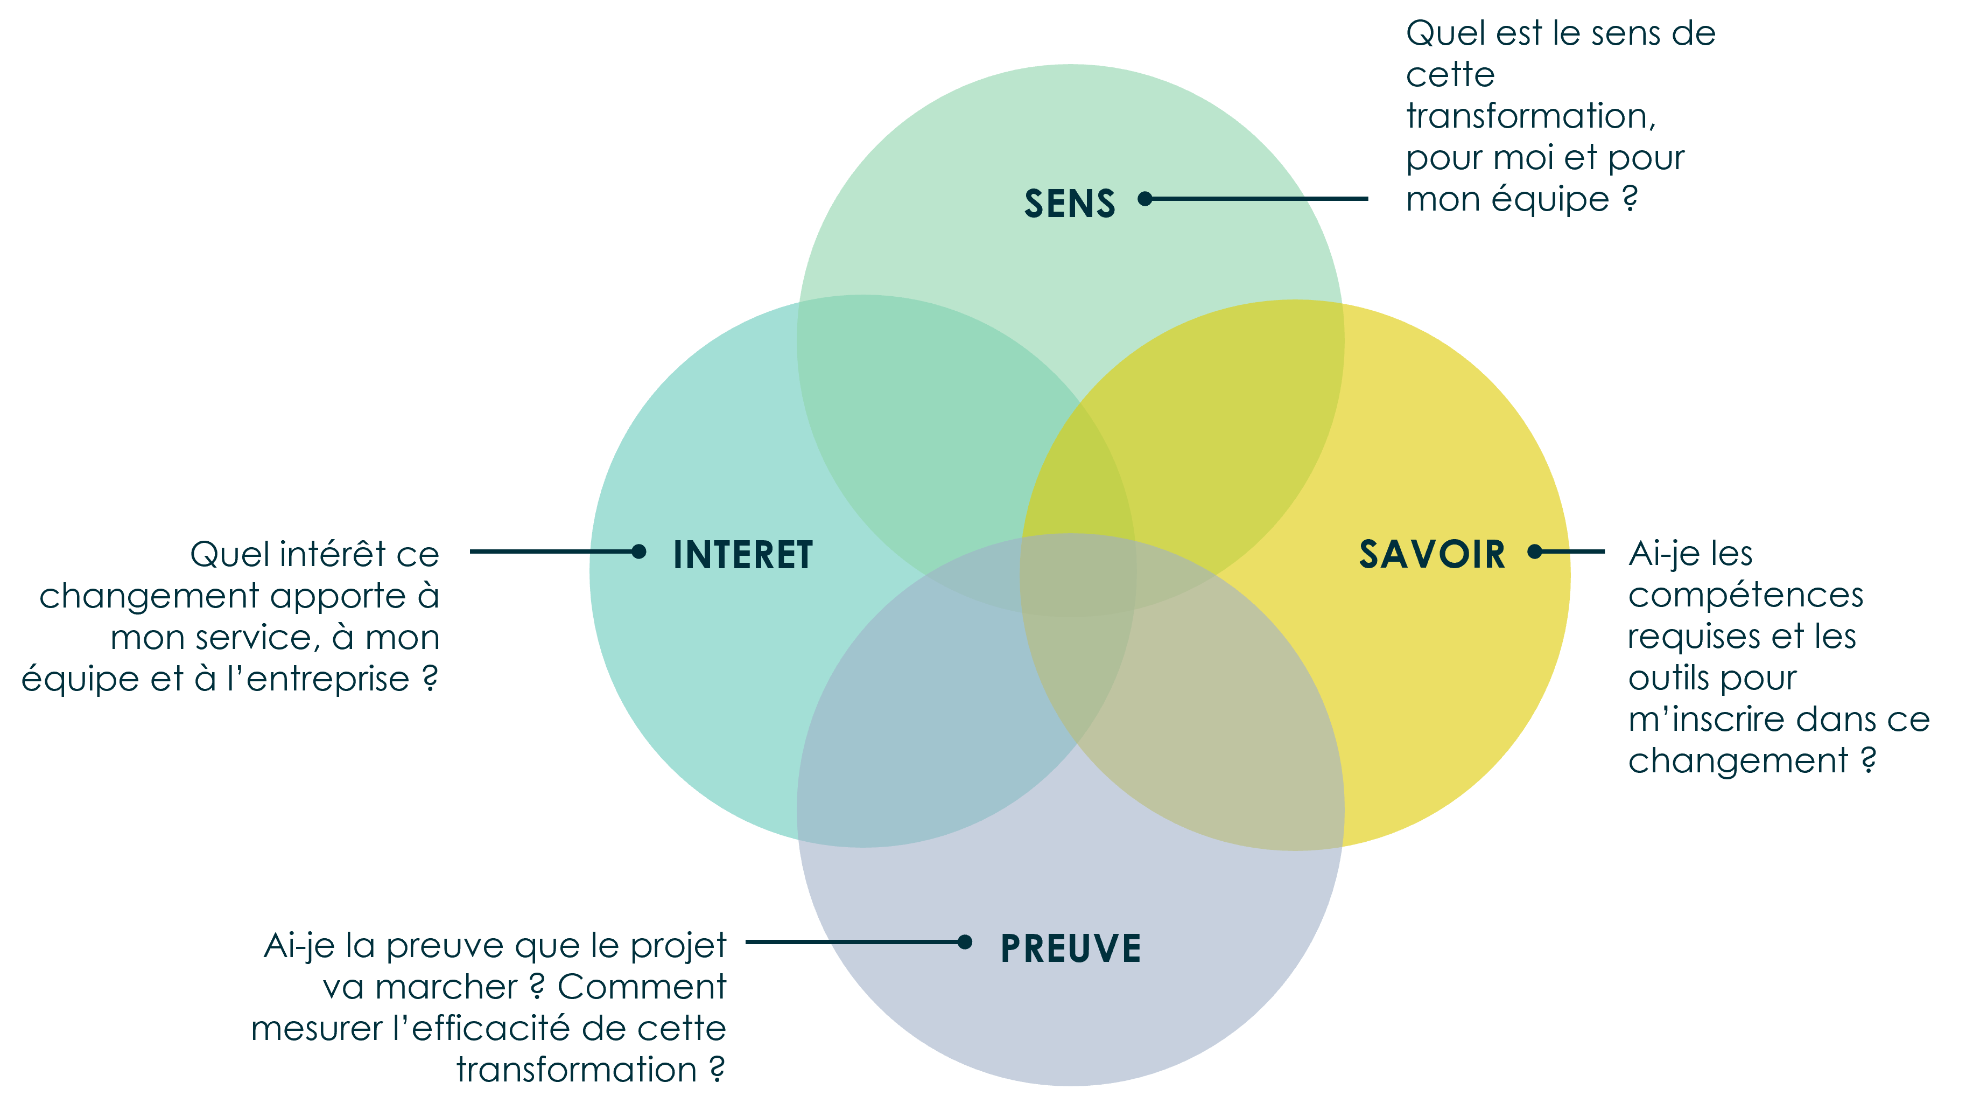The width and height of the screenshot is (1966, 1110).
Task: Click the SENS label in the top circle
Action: (x=1069, y=204)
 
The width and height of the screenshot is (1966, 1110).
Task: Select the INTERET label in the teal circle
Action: (x=742, y=555)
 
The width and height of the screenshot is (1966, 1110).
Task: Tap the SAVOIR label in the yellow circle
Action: (x=1432, y=554)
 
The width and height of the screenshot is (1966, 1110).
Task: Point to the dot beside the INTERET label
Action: (x=639, y=551)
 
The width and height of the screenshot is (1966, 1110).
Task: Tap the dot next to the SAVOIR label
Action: (x=1535, y=551)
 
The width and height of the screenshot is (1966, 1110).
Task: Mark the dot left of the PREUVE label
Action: (x=965, y=942)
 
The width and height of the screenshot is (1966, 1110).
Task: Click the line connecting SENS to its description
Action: (x=1259, y=199)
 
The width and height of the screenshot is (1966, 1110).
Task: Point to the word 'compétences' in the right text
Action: (x=1745, y=596)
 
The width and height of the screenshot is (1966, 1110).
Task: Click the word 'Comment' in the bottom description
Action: (x=641, y=987)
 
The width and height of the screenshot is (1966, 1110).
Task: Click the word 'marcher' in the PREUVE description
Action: (x=446, y=988)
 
